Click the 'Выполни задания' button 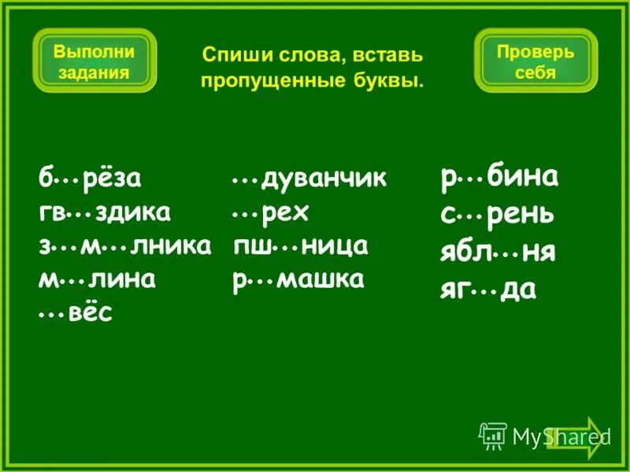coord(94,61)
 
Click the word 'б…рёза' coord(90,179)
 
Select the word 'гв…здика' coord(105,212)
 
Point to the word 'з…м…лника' coord(124,246)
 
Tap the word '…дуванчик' coord(309,179)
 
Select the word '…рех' coord(271,212)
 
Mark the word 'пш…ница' coord(302,246)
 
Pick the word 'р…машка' coord(298,280)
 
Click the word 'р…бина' coord(499,177)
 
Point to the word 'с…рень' coord(497,214)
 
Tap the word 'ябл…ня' coord(498,253)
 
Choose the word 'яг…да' coord(488,289)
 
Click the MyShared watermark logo coord(543,435)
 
